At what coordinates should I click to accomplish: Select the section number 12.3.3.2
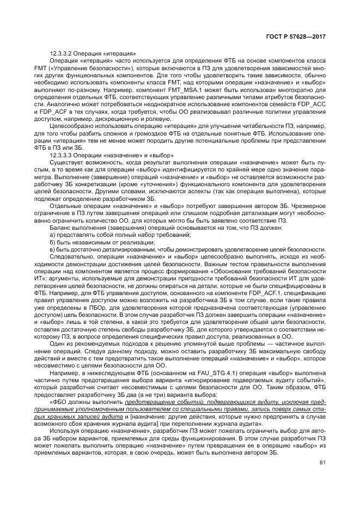[62, 53]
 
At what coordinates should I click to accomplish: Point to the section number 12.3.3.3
[62, 155]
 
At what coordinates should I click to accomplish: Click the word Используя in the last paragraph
[65, 431]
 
